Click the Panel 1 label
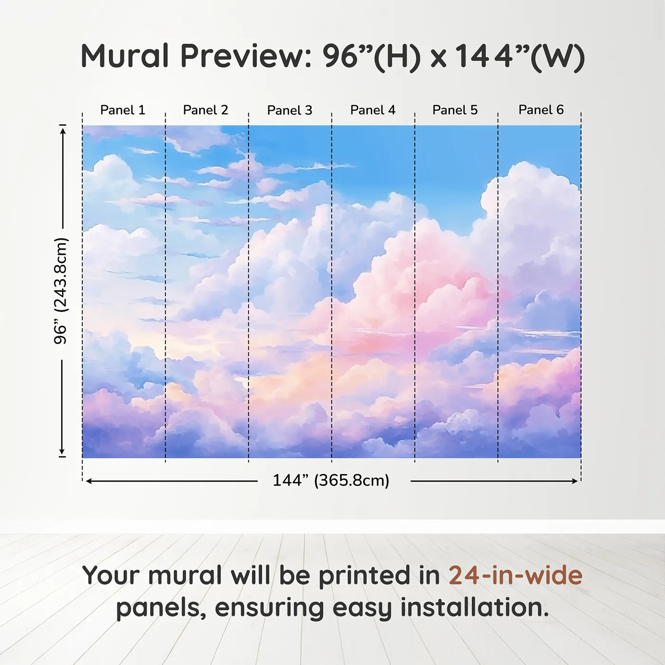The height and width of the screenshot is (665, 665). [x=123, y=110]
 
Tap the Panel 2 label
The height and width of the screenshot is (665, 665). [x=205, y=110]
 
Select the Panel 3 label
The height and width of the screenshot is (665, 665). [x=290, y=110]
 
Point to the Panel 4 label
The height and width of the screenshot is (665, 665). [x=373, y=110]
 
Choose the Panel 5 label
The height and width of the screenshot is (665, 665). [x=455, y=110]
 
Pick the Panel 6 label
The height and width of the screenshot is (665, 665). [x=541, y=110]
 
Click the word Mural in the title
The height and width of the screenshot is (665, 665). [x=125, y=56]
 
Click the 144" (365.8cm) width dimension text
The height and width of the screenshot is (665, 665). [x=331, y=480]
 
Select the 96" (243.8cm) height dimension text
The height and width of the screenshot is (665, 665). [x=61, y=291]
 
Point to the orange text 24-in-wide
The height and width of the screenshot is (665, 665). [x=515, y=575]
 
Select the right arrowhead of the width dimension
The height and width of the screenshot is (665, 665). [x=575, y=481]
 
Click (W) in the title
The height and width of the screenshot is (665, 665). [x=557, y=57]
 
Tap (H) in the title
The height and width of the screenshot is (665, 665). [x=397, y=57]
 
